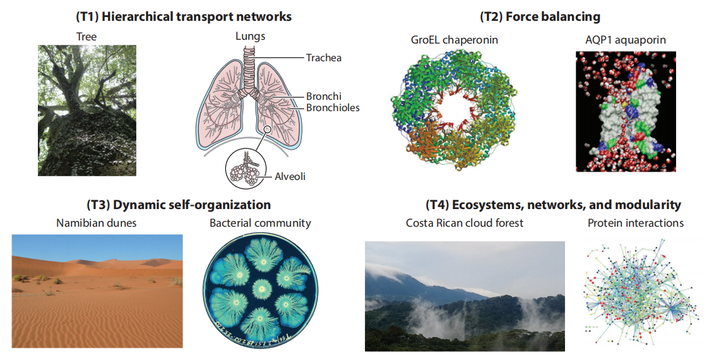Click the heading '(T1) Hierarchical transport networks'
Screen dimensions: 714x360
[184, 17]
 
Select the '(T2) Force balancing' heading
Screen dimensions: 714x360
[540, 17]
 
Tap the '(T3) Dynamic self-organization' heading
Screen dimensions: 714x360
[179, 205]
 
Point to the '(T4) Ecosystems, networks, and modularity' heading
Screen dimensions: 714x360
[553, 205]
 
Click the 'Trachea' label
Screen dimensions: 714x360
[323, 58]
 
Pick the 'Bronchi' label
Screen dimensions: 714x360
[323, 96]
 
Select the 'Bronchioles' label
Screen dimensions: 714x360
[333, 108]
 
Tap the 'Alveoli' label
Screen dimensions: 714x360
[290, 176]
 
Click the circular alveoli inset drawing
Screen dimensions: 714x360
[246, 169]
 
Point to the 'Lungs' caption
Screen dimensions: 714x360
[250, 36]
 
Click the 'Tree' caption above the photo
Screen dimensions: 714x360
[86, 37]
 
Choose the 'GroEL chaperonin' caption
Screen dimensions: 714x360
[455, 40]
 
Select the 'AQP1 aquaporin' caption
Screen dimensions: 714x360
[626, 40]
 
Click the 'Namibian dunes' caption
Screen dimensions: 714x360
[96, 223]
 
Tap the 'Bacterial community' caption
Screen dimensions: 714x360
[260, 223]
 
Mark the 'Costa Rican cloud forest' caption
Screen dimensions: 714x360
[465, 223]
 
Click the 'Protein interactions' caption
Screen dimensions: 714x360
[635, 223]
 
